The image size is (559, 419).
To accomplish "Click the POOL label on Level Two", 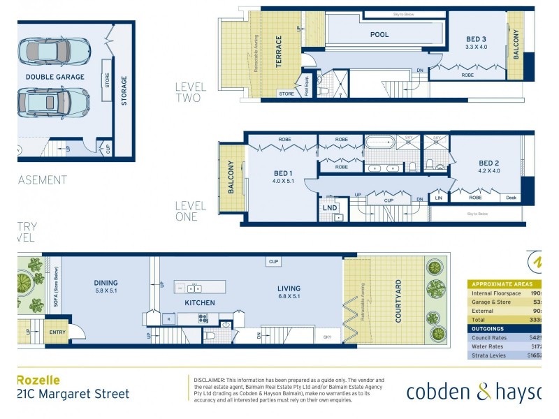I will click(379, 34).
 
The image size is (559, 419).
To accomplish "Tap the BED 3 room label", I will click(476, 38).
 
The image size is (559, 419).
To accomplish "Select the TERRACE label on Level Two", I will click(279, 52).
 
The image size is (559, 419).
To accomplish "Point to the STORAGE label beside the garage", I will click(124, 91).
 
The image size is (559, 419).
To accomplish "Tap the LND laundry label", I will click(330, 207).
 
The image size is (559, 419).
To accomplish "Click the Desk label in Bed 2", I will click(511, 198).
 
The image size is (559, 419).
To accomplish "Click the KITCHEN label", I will click(200, 302).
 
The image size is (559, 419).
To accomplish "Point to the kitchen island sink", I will click(194, 288).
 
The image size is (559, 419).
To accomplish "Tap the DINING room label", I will click(106, 283).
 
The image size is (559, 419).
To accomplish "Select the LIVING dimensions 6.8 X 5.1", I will click(289, 296).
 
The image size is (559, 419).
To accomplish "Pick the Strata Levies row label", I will click(490, 355).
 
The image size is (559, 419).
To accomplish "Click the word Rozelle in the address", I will click(38, 381).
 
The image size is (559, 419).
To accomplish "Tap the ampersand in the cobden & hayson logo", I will click(484, 392).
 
